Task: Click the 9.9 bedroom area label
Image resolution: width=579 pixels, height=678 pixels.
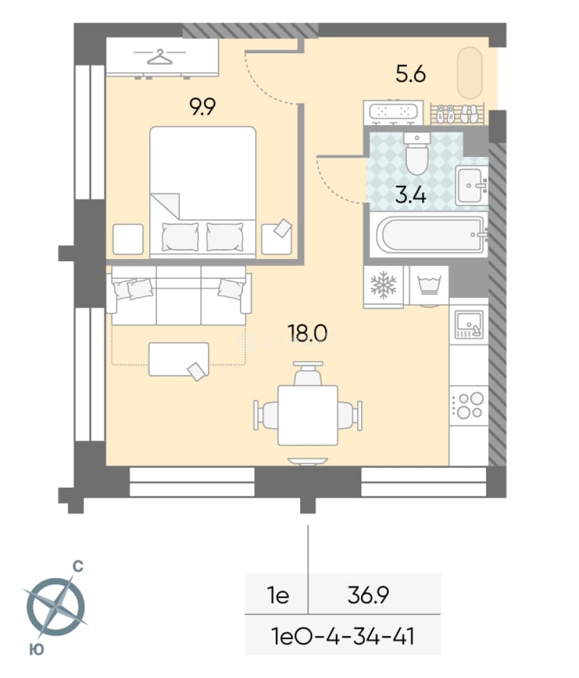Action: [x=202, y=107]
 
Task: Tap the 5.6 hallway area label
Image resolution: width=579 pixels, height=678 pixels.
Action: [x=411, y=74]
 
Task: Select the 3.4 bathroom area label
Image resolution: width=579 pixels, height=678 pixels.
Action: [x=411, y=195]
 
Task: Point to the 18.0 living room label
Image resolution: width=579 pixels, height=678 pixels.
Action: [x=308, y=333]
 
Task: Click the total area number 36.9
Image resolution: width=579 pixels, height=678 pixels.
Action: [x=369, y=595]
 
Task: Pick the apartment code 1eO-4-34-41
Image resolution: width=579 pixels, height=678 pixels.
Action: [x=342, y=637]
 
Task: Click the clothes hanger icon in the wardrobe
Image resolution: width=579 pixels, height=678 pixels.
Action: [x=160, y=56]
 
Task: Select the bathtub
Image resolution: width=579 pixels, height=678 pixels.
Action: [x=430, y=235]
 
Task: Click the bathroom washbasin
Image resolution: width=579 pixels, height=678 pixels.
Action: [x=472, y=185]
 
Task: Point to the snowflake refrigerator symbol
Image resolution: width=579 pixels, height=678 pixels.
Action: [x=383, y=286]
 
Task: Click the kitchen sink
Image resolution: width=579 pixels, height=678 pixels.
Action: [x=468, y=325]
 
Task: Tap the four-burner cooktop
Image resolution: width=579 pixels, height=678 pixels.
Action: [x=468, y=406]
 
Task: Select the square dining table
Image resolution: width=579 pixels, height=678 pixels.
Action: [x=308, y=415]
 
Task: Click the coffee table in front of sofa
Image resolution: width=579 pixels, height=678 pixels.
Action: [x=178, y=359]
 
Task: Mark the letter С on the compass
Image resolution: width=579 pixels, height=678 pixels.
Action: [x=77, y=566]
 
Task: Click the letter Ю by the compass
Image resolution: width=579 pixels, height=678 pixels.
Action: [x=37, y=650]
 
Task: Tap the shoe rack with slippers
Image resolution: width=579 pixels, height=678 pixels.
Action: [x=458, y=114]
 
